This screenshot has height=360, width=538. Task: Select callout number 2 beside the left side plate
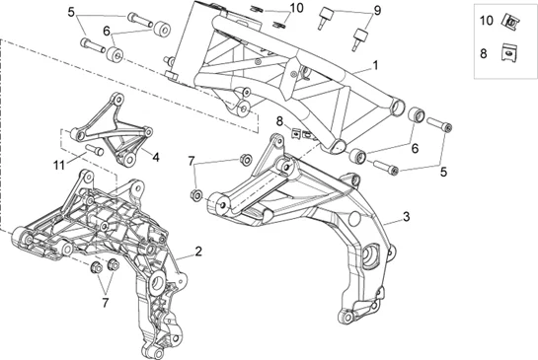[198, 252]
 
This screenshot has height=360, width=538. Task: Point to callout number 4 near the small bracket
[155, 155]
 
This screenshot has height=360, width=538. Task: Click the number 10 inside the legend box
[485, 20]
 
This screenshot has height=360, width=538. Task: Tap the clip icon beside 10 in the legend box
[510, 20]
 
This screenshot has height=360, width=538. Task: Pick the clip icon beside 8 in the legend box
[510, 55]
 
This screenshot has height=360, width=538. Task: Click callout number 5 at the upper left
[71, 13]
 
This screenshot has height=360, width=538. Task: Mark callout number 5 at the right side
[443, 170]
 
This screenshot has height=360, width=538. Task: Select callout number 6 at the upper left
[106, 31]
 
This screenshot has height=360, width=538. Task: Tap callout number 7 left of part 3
[192, 160]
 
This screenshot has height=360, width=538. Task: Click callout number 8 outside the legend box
[279, 121]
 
